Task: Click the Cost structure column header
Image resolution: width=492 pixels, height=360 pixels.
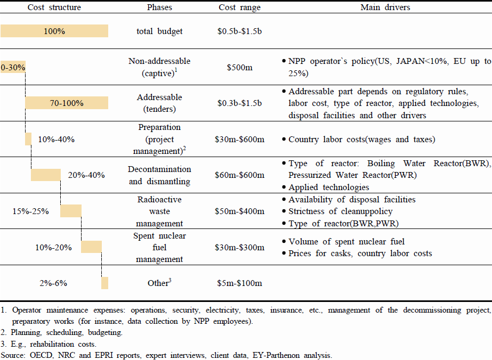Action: [54, 7]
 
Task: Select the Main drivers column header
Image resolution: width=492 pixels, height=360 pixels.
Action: [385, 7]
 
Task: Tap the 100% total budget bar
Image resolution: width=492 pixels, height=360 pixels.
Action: [54, 31]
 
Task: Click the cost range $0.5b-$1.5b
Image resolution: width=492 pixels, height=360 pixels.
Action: [239, 31]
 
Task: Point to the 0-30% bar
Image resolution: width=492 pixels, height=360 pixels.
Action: [13, 67]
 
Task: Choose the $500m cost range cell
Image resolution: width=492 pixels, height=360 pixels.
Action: [239, 67]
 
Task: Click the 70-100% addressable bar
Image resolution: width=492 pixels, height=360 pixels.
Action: [67, 103]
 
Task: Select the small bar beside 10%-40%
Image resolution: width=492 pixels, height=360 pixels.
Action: [28, 139]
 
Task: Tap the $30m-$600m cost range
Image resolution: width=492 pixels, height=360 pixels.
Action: [239, 139]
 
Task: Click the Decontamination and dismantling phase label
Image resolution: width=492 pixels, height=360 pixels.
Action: [159, 175]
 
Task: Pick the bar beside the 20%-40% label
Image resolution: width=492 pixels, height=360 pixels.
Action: [46, 175]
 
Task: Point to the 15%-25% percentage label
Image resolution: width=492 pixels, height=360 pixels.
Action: [31, 211]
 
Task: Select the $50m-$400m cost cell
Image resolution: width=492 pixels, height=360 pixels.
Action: [239, 211]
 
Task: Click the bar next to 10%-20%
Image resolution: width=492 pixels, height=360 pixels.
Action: [91, 247]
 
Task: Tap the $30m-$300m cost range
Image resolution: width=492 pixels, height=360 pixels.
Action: [239, 247]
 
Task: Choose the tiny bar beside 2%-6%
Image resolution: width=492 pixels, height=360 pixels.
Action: [104, 283]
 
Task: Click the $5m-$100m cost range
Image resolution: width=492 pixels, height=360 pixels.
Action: [239, 283]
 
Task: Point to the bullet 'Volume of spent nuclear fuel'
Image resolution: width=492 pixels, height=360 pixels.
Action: [346, 241]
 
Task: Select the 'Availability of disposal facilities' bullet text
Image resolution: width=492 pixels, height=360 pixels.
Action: [352, 199]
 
